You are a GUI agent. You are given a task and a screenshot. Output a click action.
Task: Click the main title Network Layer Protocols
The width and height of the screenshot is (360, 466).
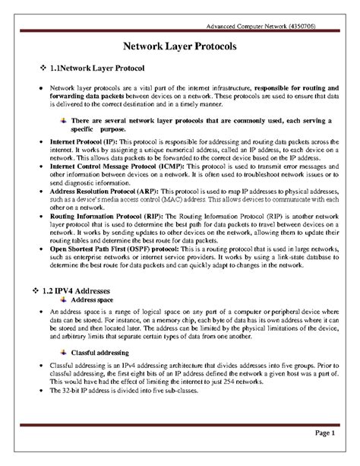(179, 47)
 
